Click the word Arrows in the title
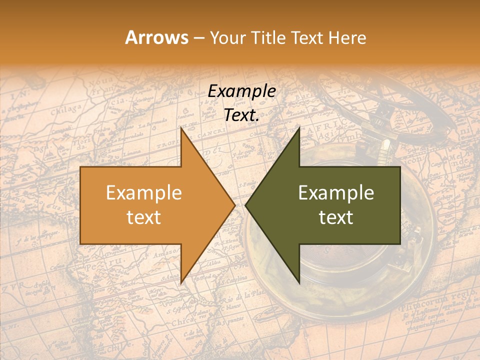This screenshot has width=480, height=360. [x=156, y=37]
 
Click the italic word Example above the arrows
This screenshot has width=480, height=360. [x=241, y=91]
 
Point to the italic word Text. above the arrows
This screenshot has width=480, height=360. [x=241, y=115]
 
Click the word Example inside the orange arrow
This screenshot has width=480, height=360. [x=143, y=193]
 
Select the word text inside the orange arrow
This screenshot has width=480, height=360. [x=143, y=217]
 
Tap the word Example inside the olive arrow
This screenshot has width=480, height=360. [x=336, y=193]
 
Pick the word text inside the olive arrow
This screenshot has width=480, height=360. [x=336, y=217]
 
